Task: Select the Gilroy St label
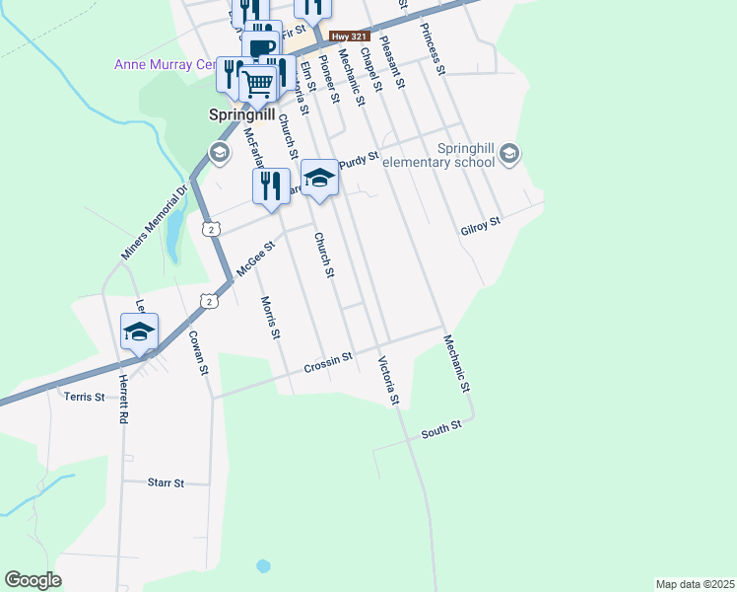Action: click(x=481, y=227)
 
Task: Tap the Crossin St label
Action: click(x=328, y=363)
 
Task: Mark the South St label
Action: click(x=440, y=430)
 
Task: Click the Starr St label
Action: click(x=166, y=483)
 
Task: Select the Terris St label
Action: click(x=84, y=397)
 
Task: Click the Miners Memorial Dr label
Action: click(x=154, y=224)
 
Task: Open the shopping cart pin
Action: click(x=258, y=85)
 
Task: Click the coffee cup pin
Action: click(x=261, y=47)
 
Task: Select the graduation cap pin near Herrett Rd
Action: click(x=139, y=331)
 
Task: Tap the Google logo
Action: click(x=33, y=580)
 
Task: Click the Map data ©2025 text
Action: click(x=694, y=583)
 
